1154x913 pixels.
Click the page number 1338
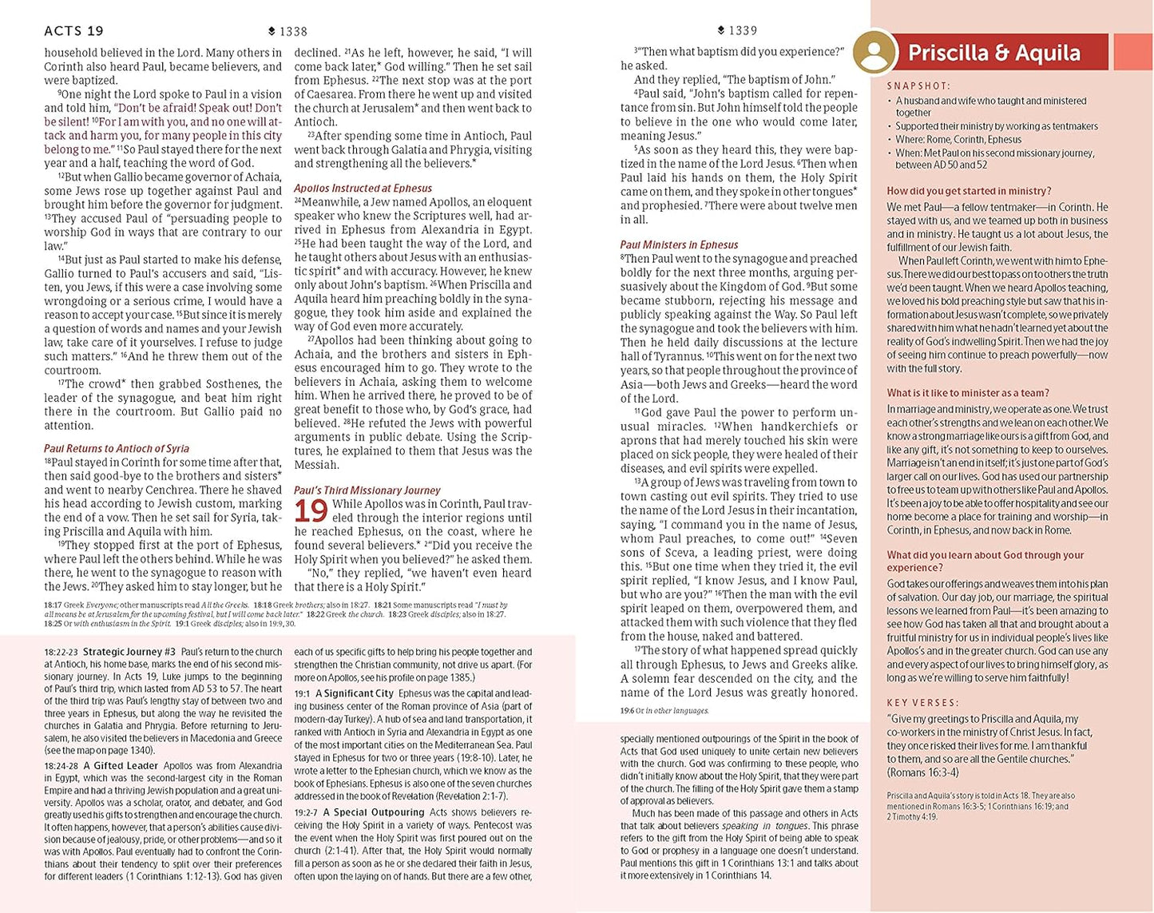[x=293, y=31]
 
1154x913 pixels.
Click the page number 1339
[x=743, y=30]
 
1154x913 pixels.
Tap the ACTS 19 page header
[x=74, y=31]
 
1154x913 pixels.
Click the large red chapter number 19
[x=311, y=511]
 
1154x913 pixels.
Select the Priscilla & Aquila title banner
[x=994, y=53]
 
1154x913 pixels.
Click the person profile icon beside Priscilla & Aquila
[x=874, y=52]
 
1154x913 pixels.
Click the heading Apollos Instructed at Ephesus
[x=363, y=189]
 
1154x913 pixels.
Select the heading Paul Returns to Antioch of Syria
[x=117, y=448]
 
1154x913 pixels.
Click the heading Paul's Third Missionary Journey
[x=367, y=490]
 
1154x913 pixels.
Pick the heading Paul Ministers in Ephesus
[x=679, y=245]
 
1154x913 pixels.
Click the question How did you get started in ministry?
[x=969, y=191]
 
